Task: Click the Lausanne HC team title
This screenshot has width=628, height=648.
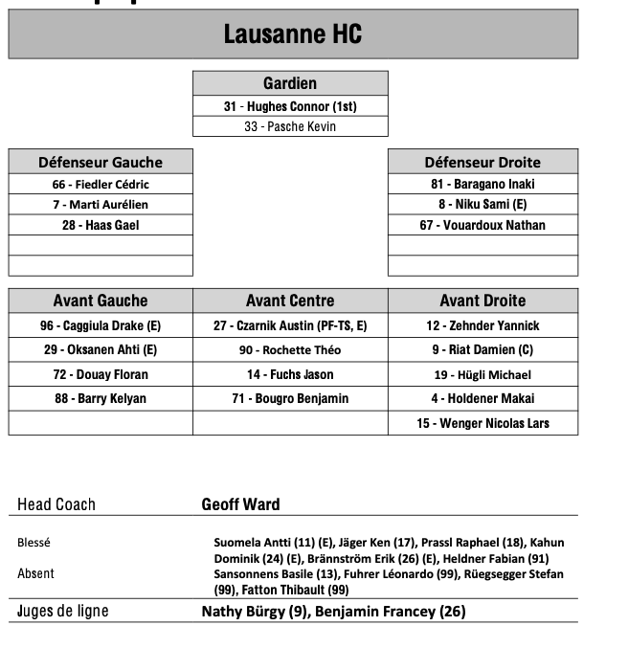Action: click(x=292, y=34)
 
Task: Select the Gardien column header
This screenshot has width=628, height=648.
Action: click(x=290, y=83)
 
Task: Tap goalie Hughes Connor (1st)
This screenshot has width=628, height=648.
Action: click(x=290, y=106)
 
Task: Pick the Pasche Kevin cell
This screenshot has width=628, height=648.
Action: click(x=290, y=126)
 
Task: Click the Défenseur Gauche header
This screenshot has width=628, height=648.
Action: click(x=101, y=162)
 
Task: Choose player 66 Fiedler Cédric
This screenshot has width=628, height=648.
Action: click(x=101, y=184)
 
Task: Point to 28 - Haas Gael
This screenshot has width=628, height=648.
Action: click(x=101, y=225)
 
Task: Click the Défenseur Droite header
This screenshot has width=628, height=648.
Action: click(x=482, y=162)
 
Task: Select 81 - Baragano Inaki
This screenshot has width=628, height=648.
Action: click(x=482, y=184)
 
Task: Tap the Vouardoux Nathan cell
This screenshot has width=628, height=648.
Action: click(x=482, y=225)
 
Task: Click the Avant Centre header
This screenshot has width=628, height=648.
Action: click(x=290, y=301)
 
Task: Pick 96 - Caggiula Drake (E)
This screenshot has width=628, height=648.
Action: click(x=101, y=325)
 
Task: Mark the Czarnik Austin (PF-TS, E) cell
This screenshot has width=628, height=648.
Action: click(x=290, y=325)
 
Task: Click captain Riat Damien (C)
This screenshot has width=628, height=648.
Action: click(x=482, y=350)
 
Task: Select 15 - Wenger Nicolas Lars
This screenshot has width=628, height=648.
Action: click(x=482, y=423)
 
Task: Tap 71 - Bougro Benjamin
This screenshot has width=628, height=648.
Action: click(x=290, y=398)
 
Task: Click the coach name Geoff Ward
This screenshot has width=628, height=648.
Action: click(x=240, y=504)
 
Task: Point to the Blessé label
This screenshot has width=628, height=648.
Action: click(x=34, y=543)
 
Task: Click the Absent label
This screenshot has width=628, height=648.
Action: click(x=36, y=573)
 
